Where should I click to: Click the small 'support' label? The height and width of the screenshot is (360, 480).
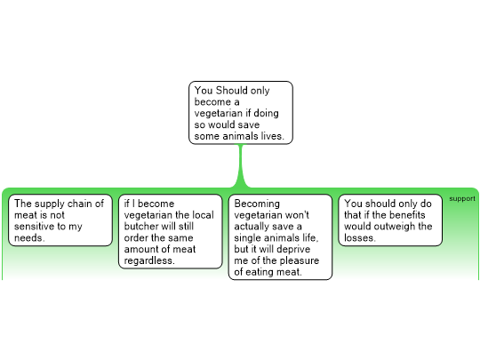[462, 199]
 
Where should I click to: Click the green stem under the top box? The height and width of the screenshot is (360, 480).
[241, 165]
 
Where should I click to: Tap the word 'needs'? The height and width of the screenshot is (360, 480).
[28, 238]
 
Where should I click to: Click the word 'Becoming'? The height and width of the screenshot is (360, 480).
[257, 204]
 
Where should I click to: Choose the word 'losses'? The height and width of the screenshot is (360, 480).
[358, 238]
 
